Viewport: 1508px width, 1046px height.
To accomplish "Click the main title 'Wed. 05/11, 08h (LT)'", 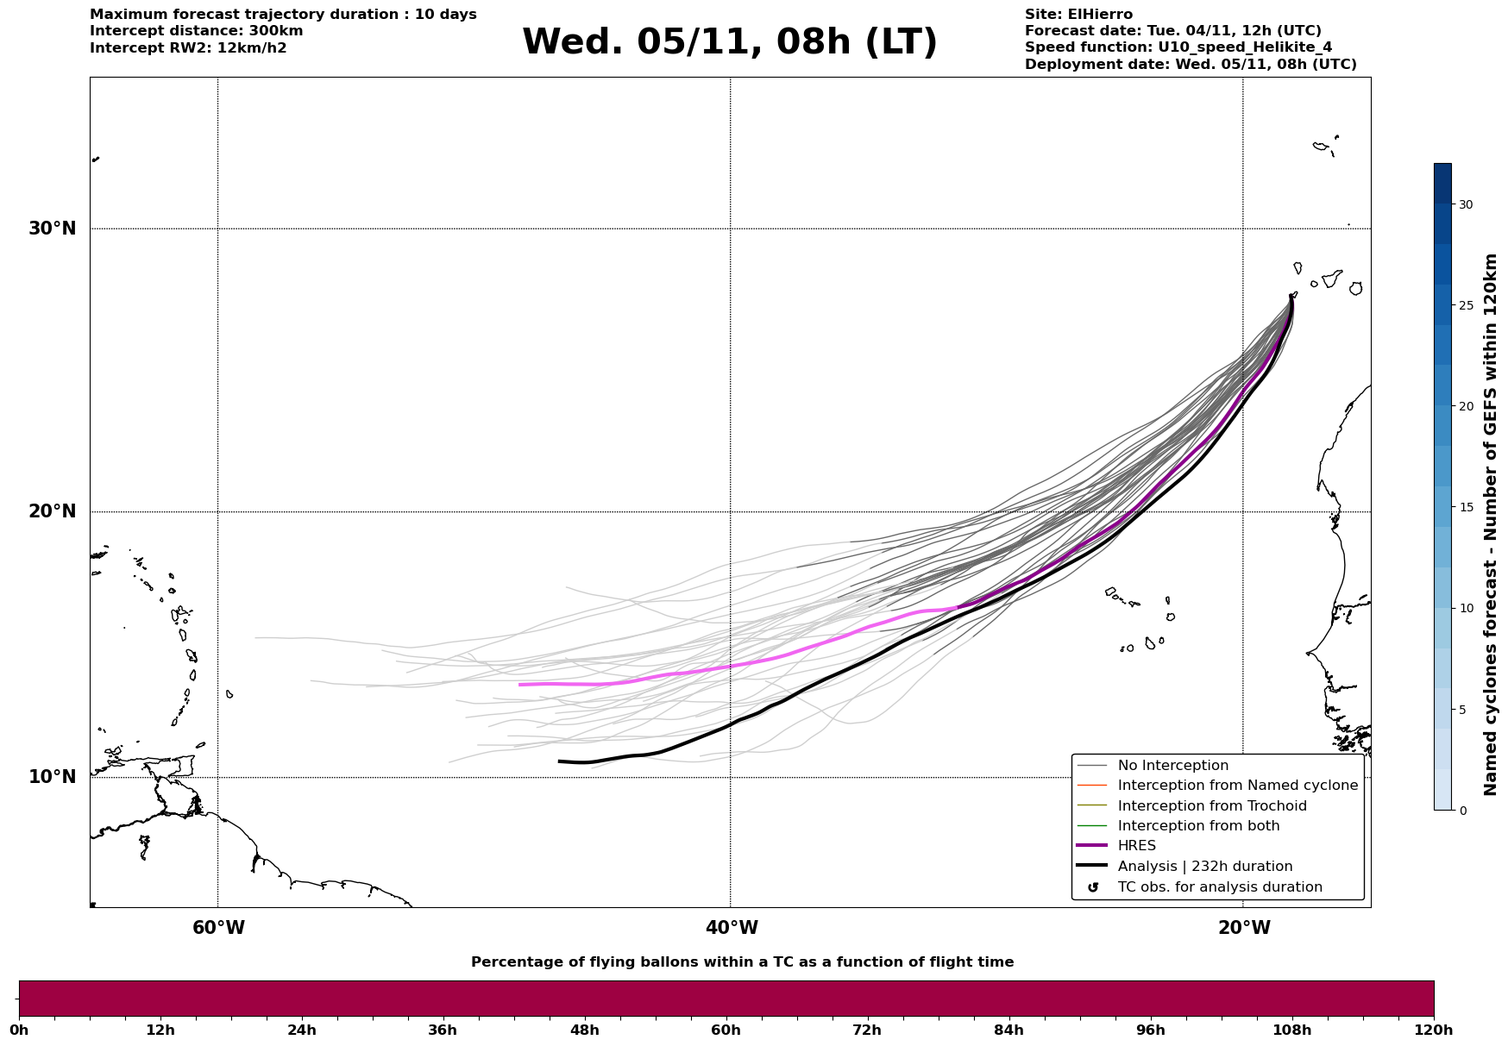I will tap(729, 42).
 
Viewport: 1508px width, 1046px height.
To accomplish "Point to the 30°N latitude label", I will tap(53, 229).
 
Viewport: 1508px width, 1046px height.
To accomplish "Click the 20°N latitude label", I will tap(53, 511).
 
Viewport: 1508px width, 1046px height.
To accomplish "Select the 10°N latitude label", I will tap(53, 777).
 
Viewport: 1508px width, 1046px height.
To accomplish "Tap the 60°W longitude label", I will tap(218, 928).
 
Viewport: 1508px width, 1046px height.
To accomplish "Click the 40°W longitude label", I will tap(731, 928).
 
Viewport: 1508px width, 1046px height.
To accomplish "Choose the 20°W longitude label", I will tap(1243, 928).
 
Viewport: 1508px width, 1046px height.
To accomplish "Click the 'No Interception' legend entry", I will tap(1172, 766).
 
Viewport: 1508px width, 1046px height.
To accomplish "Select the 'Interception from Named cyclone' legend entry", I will tap(1237, 786).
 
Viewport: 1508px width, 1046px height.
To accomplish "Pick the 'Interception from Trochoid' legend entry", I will tap(1211, 806).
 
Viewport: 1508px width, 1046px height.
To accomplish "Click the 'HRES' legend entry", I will tap(1136, 846).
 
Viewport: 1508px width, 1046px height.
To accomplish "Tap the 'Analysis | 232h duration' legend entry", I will tap(1204, 867).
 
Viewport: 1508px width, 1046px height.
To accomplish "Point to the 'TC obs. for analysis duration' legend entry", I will tap(1219, 887).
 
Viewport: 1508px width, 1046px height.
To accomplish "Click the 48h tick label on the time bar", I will tap(584, 1030).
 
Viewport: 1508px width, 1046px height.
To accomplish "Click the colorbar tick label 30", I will tap(1466, 204).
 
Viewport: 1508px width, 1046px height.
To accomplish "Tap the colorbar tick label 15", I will tap(1466, 507).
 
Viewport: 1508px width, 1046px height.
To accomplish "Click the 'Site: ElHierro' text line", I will tap(1078, 15).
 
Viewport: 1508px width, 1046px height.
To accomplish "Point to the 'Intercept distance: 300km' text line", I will tap(196, 31).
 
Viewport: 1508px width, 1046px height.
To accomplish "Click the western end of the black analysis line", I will tap(560, 761).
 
